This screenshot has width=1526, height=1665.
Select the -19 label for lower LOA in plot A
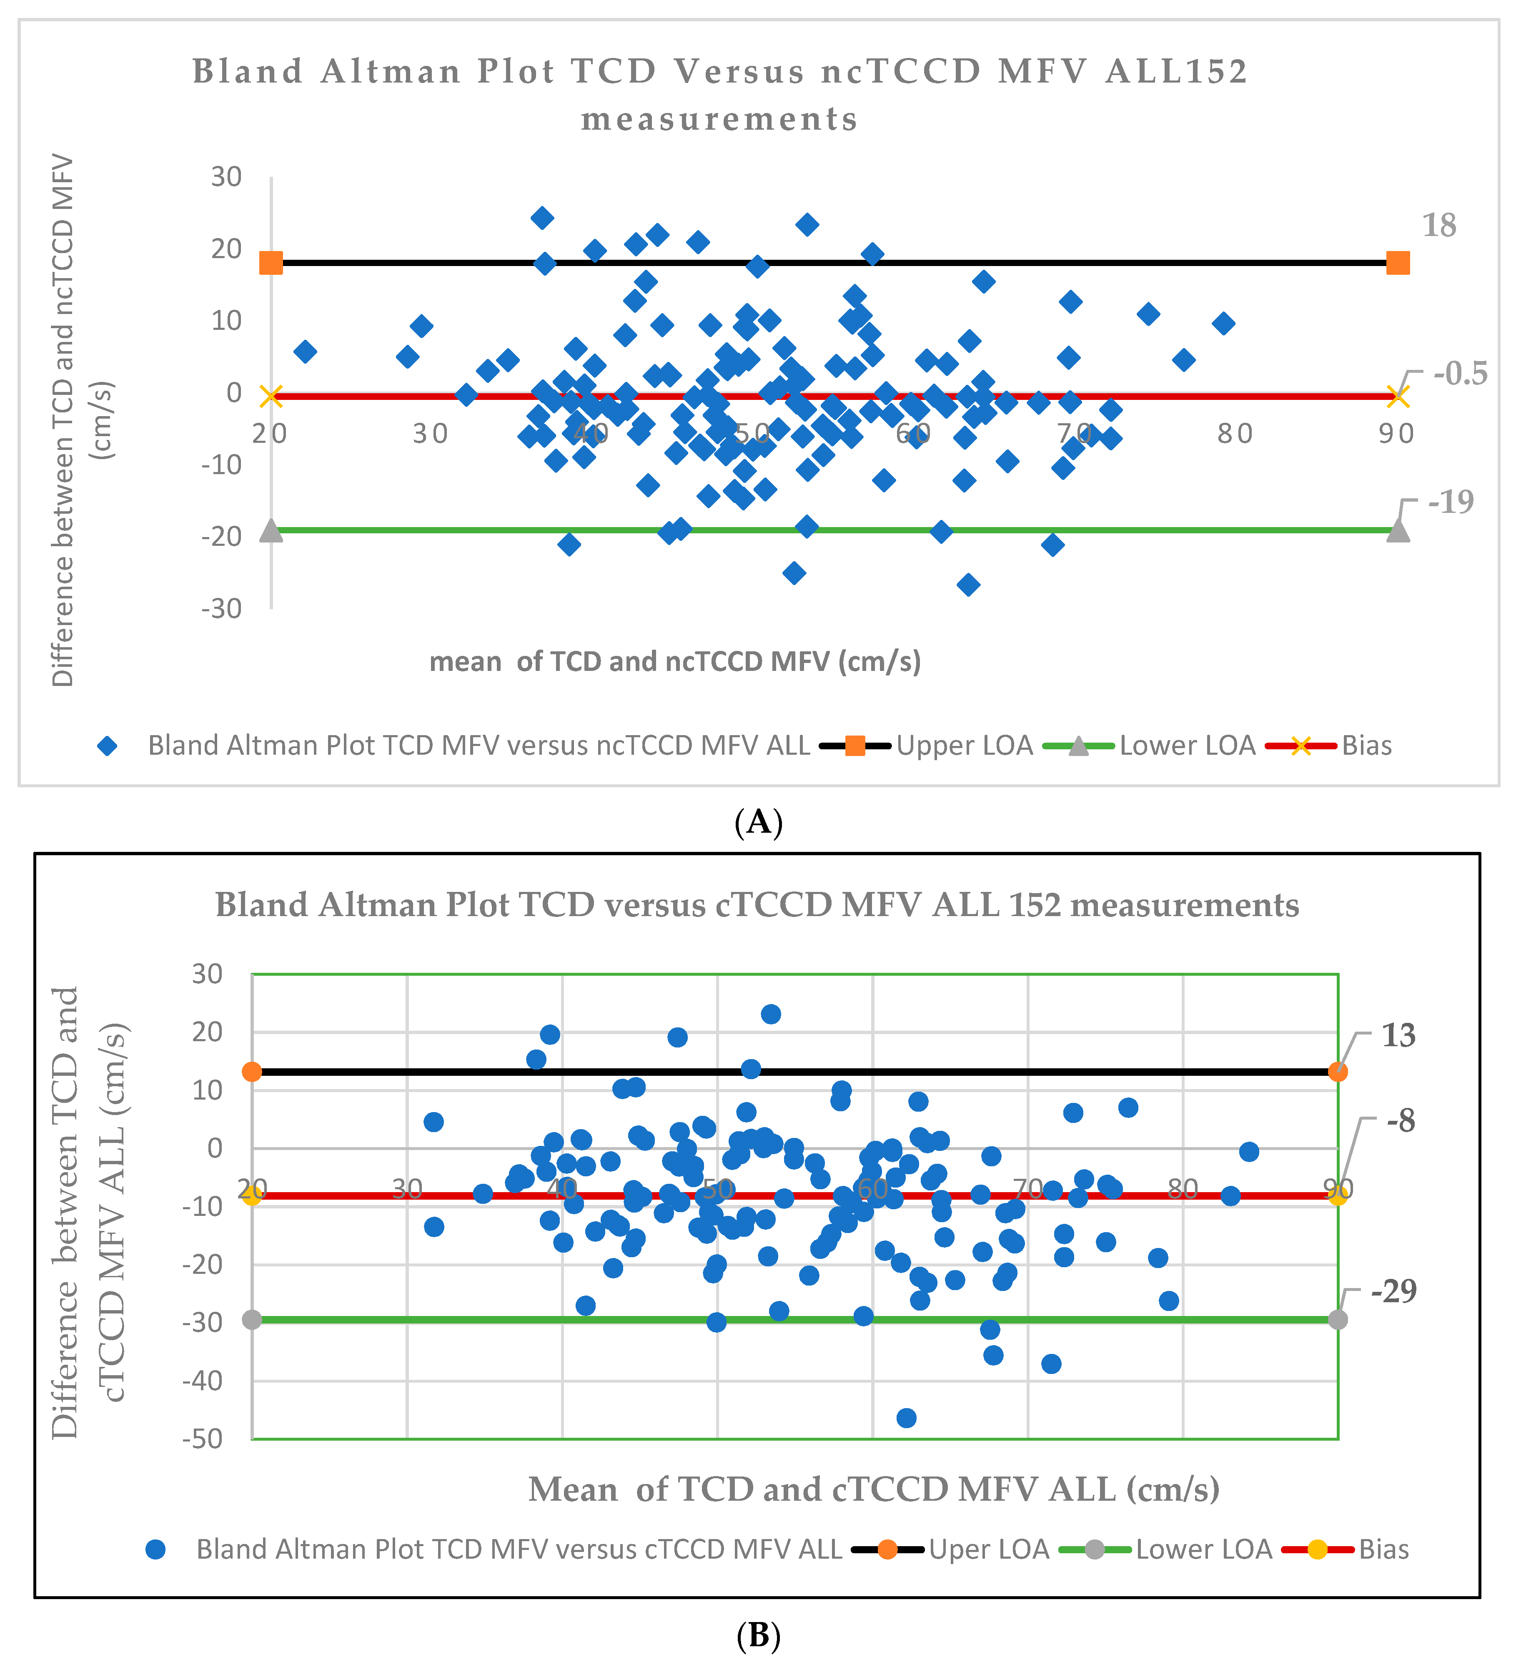click(x=1451, y=501)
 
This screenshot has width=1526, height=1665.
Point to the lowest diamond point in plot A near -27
click(x=969, y=585)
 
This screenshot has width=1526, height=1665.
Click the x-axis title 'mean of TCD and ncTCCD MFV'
click(x=675, y=662)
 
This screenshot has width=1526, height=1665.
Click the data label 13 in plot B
click(x=1398, y=1035)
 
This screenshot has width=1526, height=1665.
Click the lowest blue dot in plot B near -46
click(x=906, y=1418)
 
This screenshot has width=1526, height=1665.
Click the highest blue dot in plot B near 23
click(x=770, y=1014)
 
